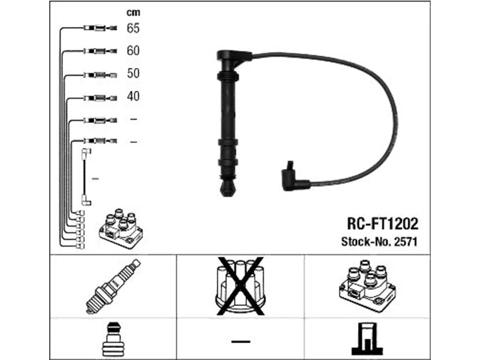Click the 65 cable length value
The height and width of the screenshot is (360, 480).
click(133, 28)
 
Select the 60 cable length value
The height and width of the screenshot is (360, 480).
click(133, 51)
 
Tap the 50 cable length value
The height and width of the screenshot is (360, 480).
click(133, 73)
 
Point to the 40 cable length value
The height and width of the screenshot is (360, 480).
click(133, 96)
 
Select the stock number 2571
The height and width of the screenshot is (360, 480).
click(406, 242)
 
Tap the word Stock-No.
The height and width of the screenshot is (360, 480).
click(365, 242)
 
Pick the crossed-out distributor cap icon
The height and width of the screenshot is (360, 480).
click(240, 284)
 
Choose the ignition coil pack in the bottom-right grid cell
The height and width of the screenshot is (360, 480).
click(367, 284)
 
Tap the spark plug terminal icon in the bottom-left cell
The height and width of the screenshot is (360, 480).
click(112, 339)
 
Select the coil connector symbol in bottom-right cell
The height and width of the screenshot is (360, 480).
click(367, 339)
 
